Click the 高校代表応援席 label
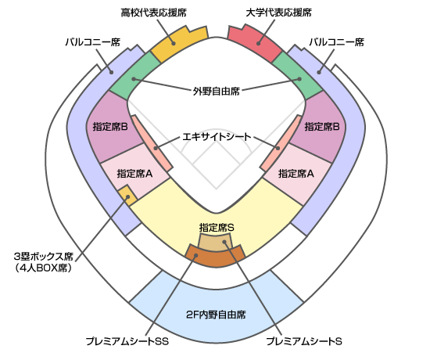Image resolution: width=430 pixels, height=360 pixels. click(x=153, y=13)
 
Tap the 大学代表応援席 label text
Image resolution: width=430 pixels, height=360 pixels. click(x=278, y=13)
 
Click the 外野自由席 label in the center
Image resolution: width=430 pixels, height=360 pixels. click(x=216, y=91)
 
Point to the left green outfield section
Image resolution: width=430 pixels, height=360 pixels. click(x=134, y=77)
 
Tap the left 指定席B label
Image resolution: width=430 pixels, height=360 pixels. click(x=110, y=127)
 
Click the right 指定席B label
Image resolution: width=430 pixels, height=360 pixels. click(x=322, y=127)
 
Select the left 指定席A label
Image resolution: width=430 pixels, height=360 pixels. click(x=134, y=174)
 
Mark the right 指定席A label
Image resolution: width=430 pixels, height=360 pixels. click(x=296, y=174)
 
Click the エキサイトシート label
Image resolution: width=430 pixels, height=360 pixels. click(x=217, y=136)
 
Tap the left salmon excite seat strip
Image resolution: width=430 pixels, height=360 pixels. click(x=152, y=143)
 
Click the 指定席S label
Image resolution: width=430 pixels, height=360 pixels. click(x=217, y=228)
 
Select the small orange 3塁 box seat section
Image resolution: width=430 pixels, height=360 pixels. click(x=127, y=195)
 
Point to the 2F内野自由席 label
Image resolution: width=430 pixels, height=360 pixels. click(x=216, y=315)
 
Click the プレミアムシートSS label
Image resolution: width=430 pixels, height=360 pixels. click(x=127, y=341)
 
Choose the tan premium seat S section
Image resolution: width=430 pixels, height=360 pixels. click(x=216, y=243)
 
